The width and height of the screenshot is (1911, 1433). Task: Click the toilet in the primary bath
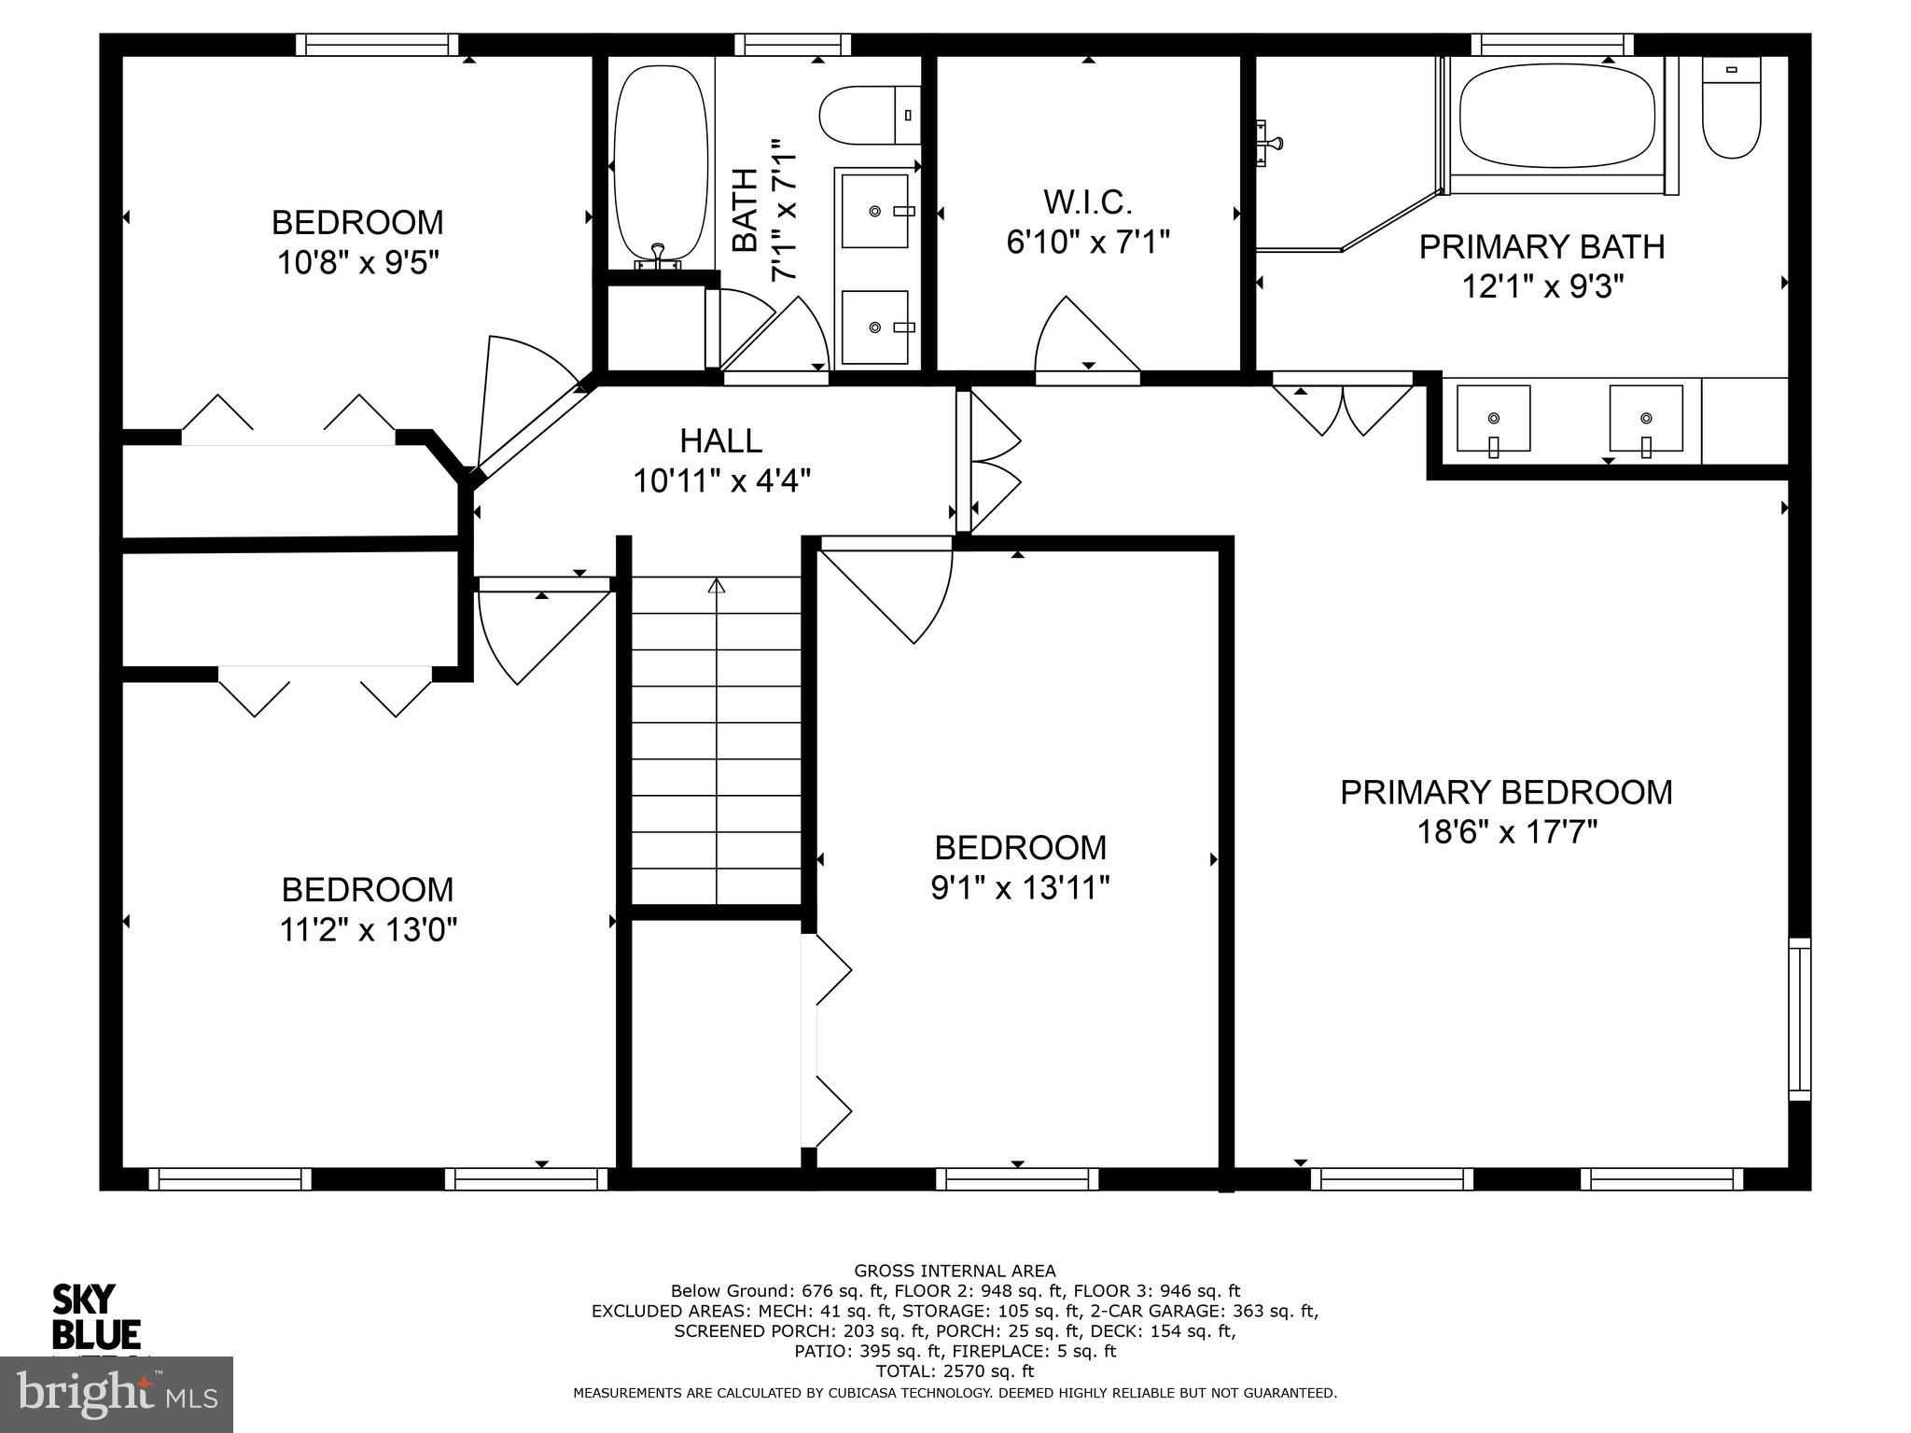pos(1731,109)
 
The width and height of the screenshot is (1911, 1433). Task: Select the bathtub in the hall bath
pos(660,162)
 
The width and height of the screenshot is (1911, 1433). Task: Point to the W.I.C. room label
pos(1087,202)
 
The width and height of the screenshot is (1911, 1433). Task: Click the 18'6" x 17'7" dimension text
pos(1507,831)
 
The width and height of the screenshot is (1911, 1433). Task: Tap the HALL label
pos(720,440)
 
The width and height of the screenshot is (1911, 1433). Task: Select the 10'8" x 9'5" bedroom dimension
pos(357,263)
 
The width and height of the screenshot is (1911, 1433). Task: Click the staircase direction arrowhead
pos(716,586)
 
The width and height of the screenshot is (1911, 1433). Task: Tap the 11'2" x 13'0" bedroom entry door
pos(537,630)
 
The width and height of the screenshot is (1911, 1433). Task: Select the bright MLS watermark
pos(117,1394)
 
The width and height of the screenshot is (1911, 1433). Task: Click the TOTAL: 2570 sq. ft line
pos(955,1371)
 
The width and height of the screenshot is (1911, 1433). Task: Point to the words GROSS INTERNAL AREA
pos(955,1270)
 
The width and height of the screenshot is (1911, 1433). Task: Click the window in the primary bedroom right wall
pos(1800,1019)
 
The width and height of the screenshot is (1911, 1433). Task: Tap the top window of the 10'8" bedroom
pos(377,44)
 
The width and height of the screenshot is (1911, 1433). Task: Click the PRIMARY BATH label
pos(1541,246)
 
